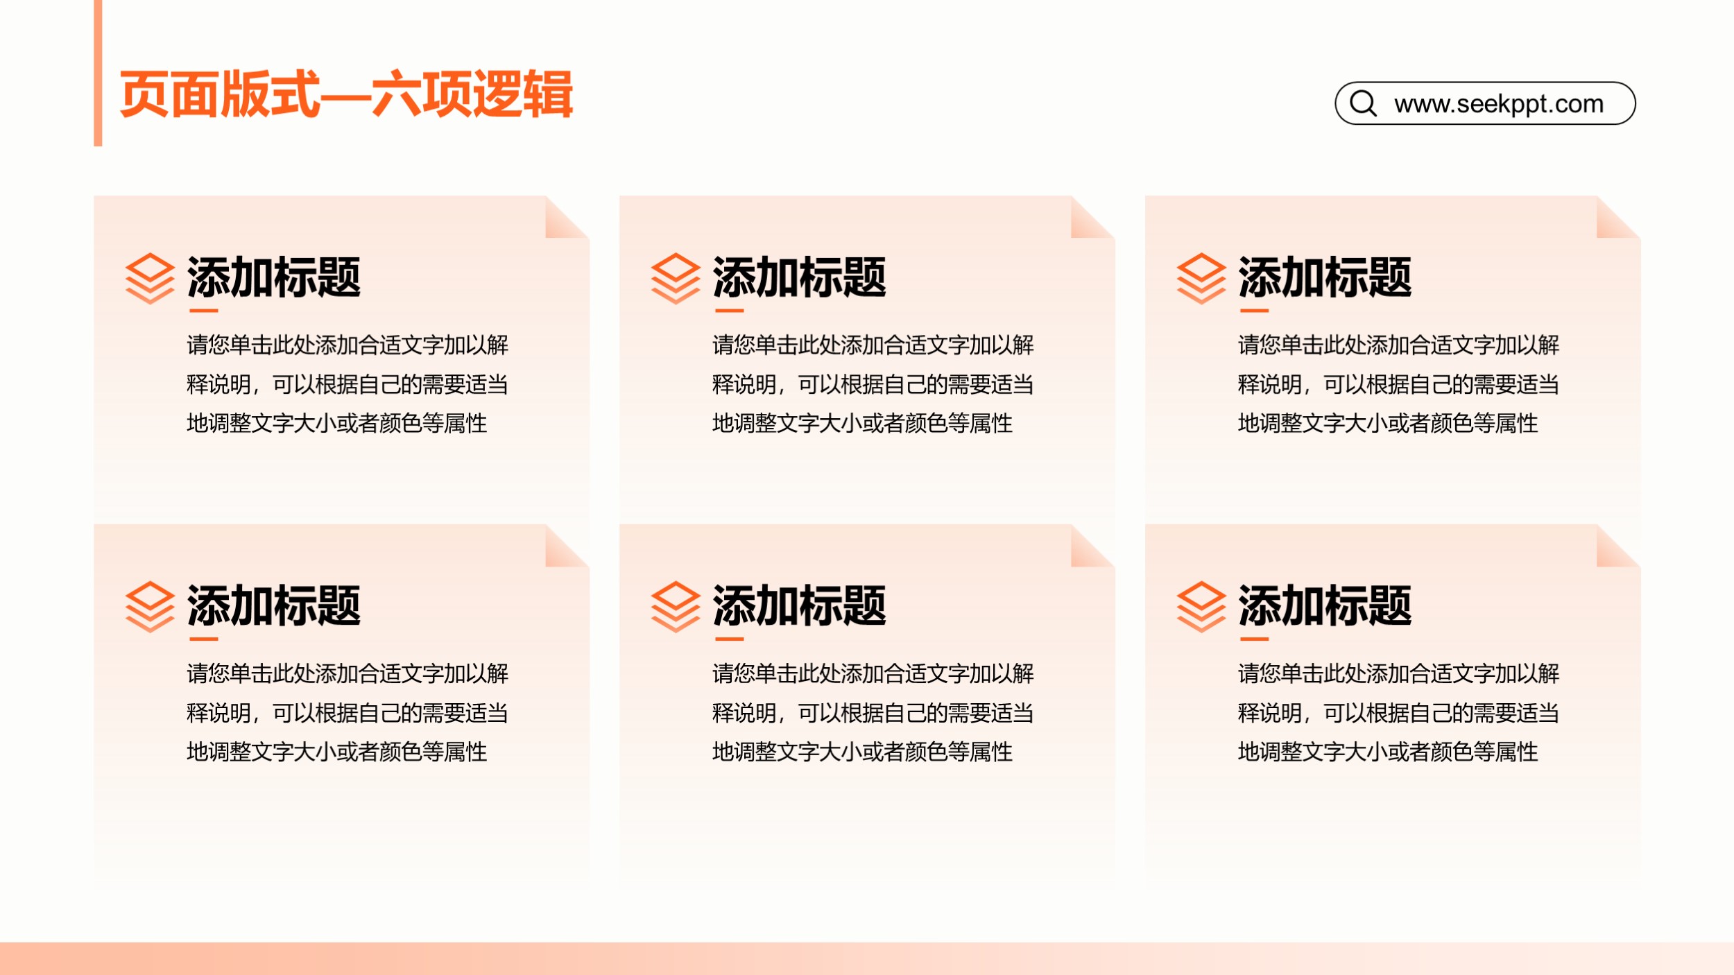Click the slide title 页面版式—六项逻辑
tap(346, 94)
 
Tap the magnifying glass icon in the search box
tap(1363, 103)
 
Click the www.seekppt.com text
tap(1499, 104)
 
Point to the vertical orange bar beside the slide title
tap(98, 73)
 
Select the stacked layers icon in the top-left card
tap(150, 279)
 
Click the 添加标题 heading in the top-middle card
tap(799, 277)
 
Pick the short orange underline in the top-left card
tap(203, 311)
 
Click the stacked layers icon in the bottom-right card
tap(1201, 607)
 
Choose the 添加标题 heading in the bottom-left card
tap(273, 605)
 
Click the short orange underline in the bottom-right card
tap(1254, 639)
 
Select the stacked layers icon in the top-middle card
tap(676, 279)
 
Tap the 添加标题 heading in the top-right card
tap(1325, 277)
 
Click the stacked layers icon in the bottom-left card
tap(150, 607)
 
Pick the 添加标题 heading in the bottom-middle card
tap(799, 605)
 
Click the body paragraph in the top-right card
tap(1398, 383)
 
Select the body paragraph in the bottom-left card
tap(347, 712)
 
